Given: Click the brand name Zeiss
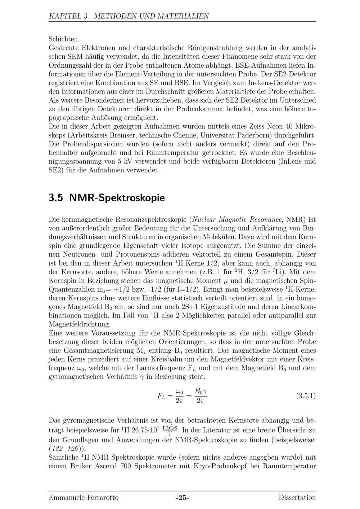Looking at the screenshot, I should click(x=275, y=127).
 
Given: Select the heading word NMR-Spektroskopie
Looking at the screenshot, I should click(x=117, y=198).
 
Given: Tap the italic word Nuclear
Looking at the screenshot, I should click(x=204, y=219).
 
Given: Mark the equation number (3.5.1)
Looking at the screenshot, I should click(x=306, y=396).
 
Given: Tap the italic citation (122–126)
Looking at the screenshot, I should click(x=68, y=449).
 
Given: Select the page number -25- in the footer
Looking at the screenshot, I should click(x=182, y=498).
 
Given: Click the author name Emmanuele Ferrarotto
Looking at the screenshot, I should click(x=84, y=498).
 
